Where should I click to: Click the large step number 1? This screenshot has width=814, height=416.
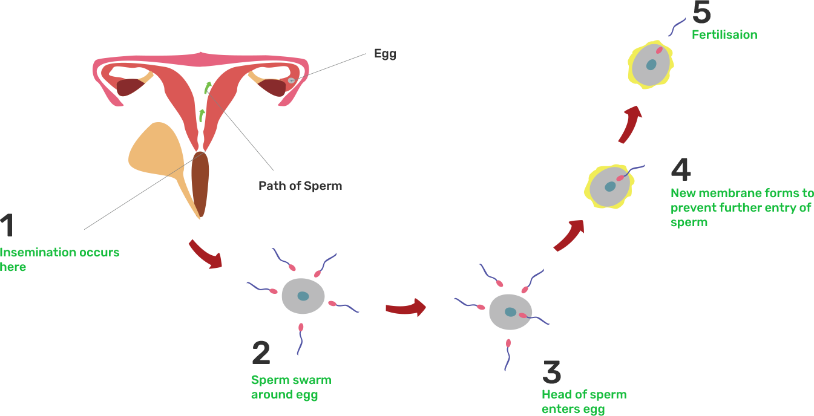tap(7, 226)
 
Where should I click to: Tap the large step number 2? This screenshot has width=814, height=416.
tap(261, 354)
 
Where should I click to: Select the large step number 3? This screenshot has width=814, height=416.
tap(551, 372)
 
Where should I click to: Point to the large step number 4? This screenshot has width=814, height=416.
tap(681, 170)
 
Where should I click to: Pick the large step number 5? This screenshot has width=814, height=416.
tap(701, 12)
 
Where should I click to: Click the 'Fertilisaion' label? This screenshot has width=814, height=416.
tap(724, 34)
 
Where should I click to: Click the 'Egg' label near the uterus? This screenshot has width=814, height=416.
tap(385, 54)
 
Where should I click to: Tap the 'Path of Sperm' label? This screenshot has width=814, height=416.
tap(300, 186)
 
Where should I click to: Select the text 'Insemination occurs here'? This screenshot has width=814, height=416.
tap(59, 259)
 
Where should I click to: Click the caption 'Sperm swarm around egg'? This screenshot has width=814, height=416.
tap(290, 388)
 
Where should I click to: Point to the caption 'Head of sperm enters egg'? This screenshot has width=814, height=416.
tap(583, 402)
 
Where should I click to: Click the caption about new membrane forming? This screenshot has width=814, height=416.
tap(741, 207)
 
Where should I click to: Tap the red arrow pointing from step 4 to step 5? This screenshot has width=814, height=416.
tap(631, 124)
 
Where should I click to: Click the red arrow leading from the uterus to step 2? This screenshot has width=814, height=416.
tap(205, 253)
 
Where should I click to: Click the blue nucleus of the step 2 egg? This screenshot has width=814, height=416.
tap(303, 296)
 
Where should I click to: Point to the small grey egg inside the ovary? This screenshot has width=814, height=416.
tap(291, 80)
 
